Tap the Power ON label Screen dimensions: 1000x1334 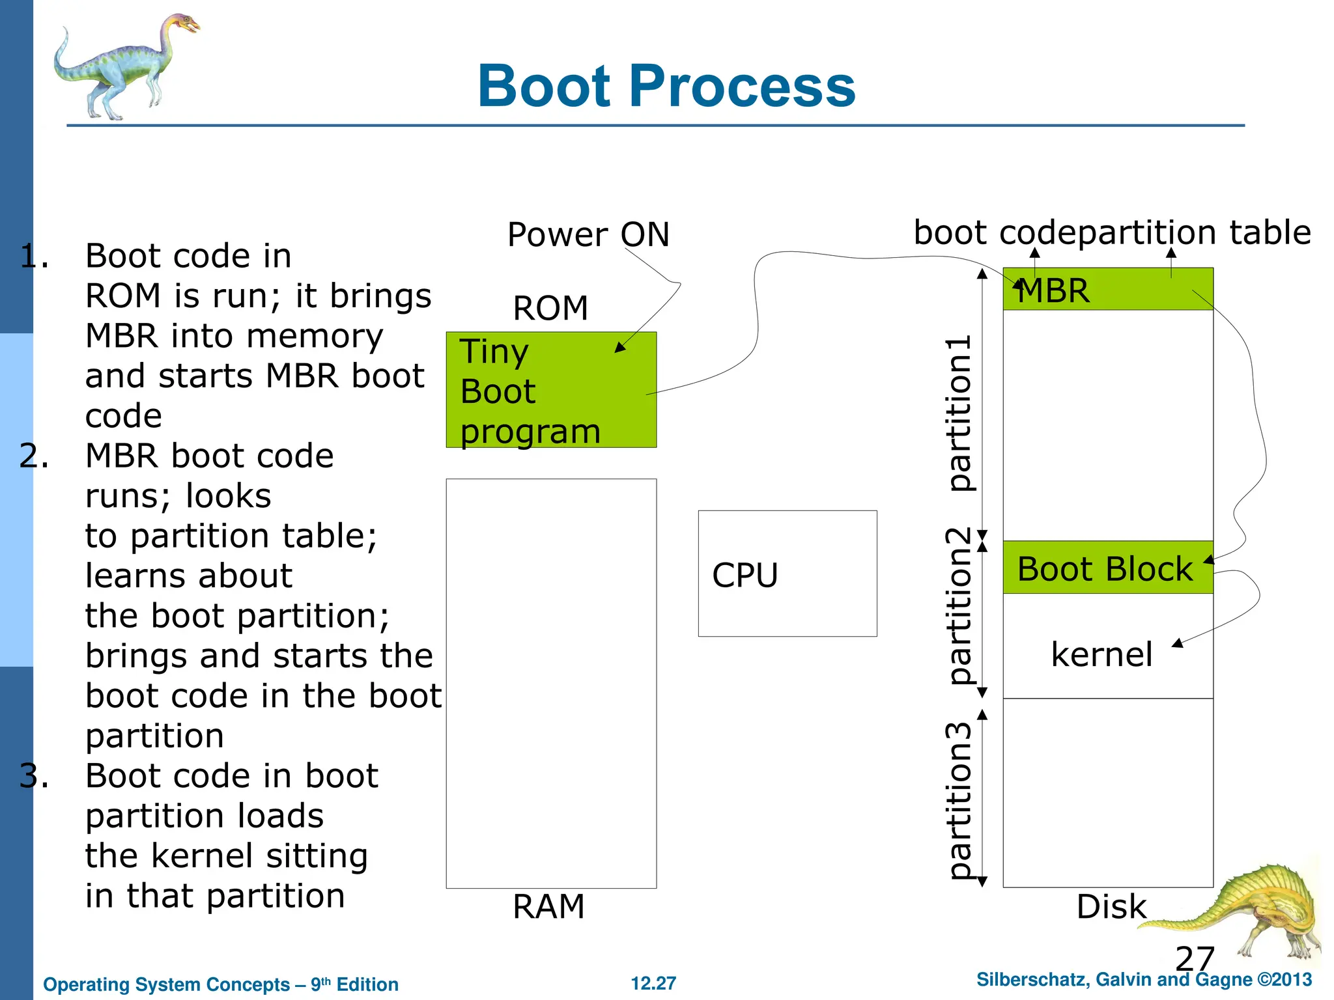coord(588,234)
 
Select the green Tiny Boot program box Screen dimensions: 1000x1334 coord(551,390)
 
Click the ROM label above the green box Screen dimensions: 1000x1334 coord(550,308)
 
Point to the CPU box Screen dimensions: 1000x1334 coord(787,574)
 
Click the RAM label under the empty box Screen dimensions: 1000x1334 coord(548,906)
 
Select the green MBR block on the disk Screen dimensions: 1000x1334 coord(1107,289)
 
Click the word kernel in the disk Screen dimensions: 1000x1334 coord(1101,654)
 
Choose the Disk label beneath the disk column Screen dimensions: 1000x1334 coord(1111,906)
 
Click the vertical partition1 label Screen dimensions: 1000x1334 coord(959,413)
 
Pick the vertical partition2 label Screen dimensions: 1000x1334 coord(959,605)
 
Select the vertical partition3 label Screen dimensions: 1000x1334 coord(959,801)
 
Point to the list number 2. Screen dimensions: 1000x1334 coord(34,456)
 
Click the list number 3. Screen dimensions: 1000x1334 coord(34,775)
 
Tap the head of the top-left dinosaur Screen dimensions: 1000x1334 coord(184,25)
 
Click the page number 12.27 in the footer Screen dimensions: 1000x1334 coord(653,983)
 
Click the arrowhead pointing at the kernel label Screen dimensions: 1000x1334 coord(1177,644)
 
